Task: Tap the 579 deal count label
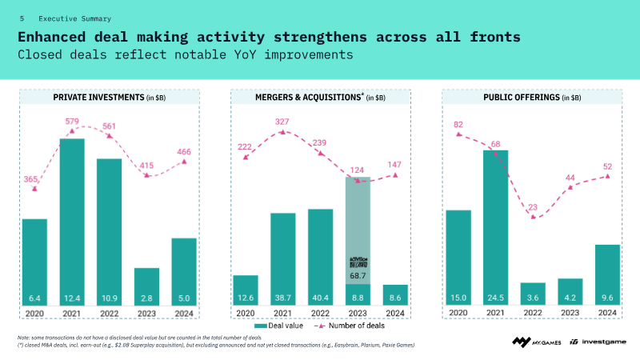click(x=73, y=122)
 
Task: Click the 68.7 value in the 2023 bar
click(x=358, y=276)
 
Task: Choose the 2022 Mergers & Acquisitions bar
click(x=320, y=256)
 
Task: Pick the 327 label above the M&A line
click(x=282, y=122)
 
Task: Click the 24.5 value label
click(x=495, y=298)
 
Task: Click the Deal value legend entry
click(x=280, y=326)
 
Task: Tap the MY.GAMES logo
click(x=534, y=342)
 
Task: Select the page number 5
click(x=22, y=18)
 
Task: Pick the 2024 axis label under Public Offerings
click(x=607, y=312)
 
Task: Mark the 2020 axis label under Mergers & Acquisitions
click(x=245, y=312)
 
